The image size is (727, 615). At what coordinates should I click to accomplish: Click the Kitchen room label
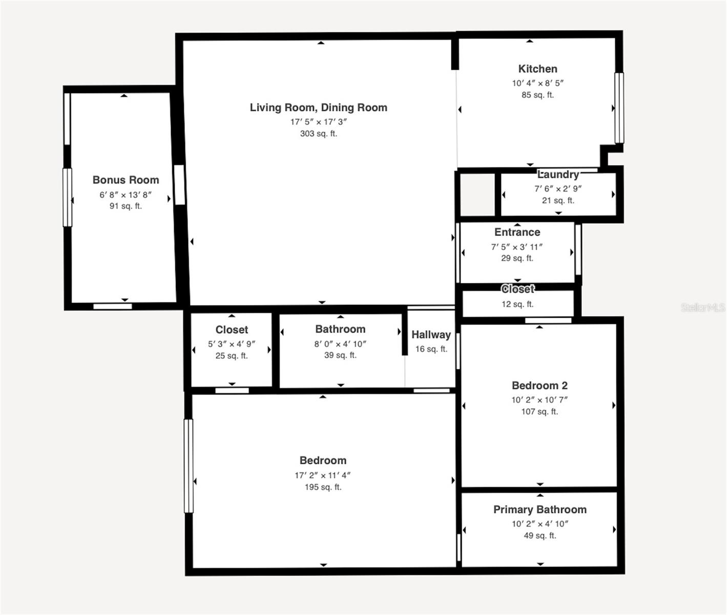tap(537, 69)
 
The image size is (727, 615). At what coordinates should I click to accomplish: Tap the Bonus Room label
tap(126, 180)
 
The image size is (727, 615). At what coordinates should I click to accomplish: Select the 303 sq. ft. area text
tap(318, 134)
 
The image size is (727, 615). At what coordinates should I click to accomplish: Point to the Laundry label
tap(558, 174)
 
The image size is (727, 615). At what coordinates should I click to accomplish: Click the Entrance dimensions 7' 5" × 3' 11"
tap(517, 247)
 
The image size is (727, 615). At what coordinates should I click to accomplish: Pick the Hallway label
tap(431, 335)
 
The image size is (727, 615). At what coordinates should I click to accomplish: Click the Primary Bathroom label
tap(539, 509)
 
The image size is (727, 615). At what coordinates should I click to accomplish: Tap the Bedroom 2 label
tap(539, 385)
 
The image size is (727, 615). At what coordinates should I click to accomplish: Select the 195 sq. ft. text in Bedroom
tap(323, 487)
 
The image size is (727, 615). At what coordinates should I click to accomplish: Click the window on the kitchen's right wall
tap(619, 108)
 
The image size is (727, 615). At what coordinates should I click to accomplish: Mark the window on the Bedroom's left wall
tap(189, 465)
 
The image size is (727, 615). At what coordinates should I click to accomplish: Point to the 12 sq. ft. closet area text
tap(517, 304)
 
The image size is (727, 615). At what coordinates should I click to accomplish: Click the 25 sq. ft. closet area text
tap(232, 356)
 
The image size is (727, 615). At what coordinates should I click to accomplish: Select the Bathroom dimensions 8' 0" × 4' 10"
tap(340, 344)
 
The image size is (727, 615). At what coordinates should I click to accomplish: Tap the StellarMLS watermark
tap(702, 307)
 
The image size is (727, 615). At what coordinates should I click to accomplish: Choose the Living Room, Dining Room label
tap(318, 108)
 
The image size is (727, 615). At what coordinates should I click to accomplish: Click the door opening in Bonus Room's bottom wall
tap(113, 306)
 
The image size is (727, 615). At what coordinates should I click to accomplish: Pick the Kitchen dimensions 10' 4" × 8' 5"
tap(537, 83)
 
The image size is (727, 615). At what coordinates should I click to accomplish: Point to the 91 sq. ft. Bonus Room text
tap(126, 206)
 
